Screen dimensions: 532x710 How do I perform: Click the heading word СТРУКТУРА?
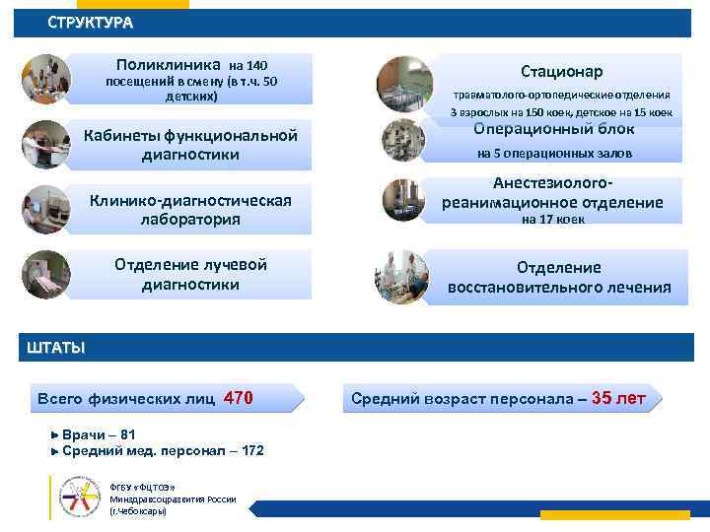pyautogui.click(x=90, y=23)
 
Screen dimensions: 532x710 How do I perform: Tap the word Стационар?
pyautogui.click(x=562, y=71)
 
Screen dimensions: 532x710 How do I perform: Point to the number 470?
pyautogui.click(x=239, y=398)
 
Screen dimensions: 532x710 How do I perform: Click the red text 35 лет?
pyautogui.click(x=618, y=398)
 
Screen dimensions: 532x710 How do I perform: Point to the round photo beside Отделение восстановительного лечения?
pyautogui.click(x=401, y=277)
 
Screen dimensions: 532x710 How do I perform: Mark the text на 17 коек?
pyautogui.click(x=552, y=220)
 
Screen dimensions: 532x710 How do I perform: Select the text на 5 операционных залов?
pyautogui.click(x=554, y=154)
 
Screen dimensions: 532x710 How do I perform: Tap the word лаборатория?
pyautogui.click(x=190, y=219)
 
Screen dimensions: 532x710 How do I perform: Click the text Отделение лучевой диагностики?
pyautogui.click(x=190, y=275)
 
